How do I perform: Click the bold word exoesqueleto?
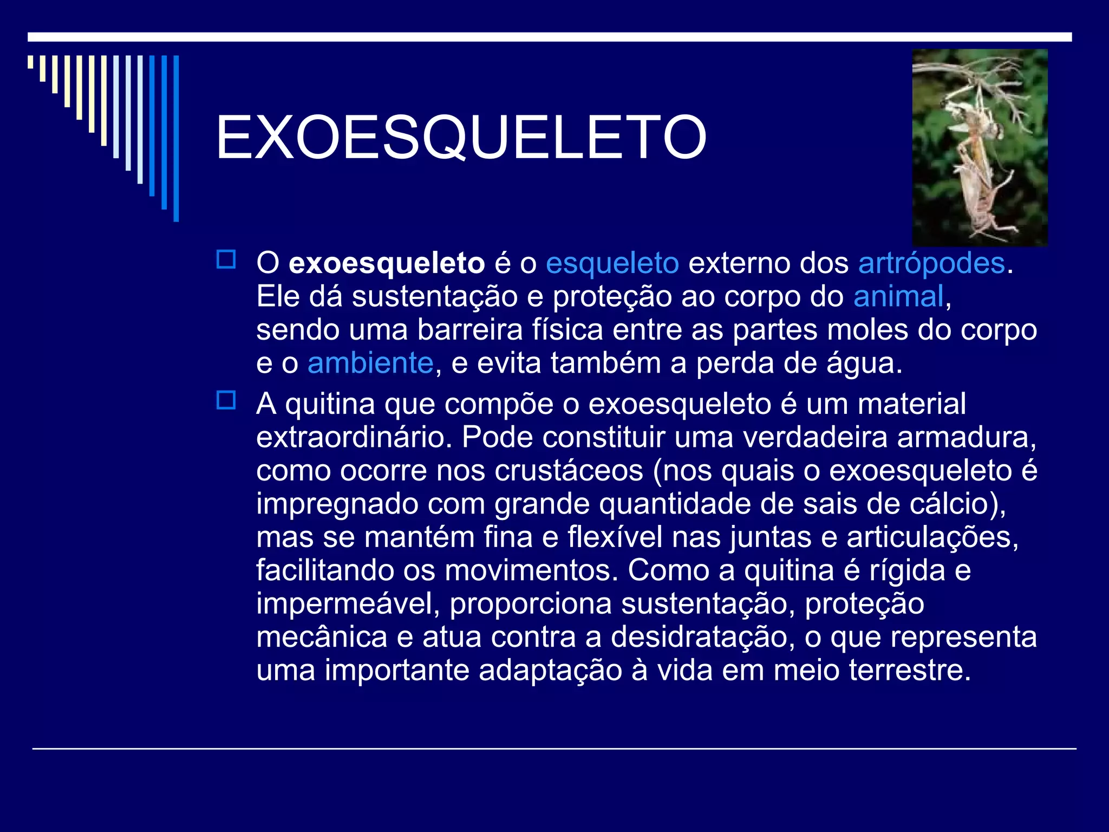[387, 264]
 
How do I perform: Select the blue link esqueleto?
[612, 264]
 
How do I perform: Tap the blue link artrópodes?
[931, 264]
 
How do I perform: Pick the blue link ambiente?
[370, 363]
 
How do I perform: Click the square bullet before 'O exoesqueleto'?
[226, 259]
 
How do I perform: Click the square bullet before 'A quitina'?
[226, 400]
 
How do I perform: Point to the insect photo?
[980, 148]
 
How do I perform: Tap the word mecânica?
[322, 637]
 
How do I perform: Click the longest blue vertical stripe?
[176, 138]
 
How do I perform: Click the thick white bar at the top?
[550, 37]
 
